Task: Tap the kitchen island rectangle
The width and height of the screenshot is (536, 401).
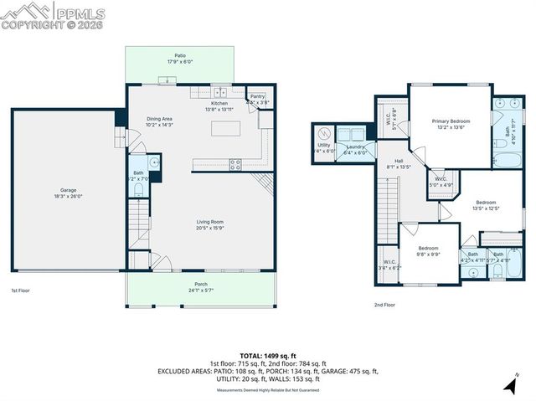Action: [226, 128]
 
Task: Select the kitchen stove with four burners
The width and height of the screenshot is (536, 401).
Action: [235, 163]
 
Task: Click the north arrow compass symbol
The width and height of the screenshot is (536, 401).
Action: [509, 385]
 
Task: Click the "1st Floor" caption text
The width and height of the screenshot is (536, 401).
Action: [21, 291]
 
